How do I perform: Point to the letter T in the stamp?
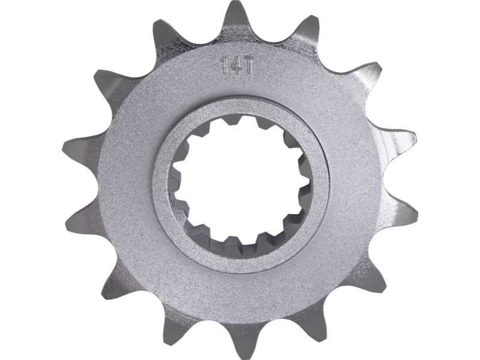245,66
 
